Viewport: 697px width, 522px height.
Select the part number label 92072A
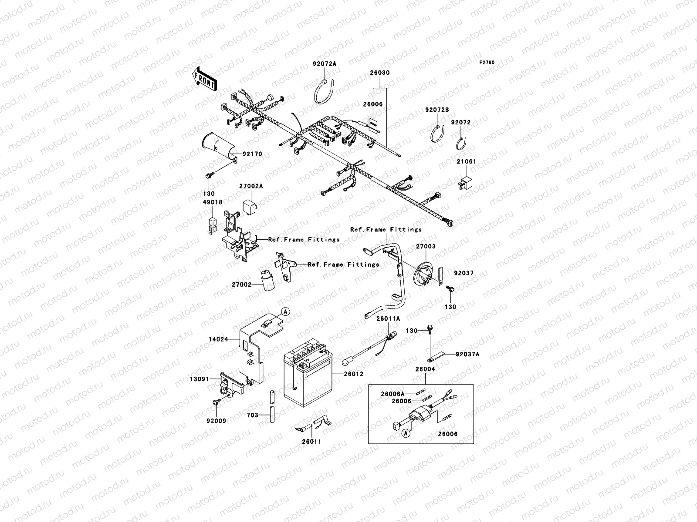325,64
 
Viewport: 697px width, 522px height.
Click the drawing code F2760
487,63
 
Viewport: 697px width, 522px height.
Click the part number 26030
380,73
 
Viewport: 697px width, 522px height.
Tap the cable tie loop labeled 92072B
437,133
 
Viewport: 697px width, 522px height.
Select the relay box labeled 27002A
250,205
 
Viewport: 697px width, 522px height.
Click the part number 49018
212,202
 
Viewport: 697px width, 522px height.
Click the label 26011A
388,318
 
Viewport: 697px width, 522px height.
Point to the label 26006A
393,394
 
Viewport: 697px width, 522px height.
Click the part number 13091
199,379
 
